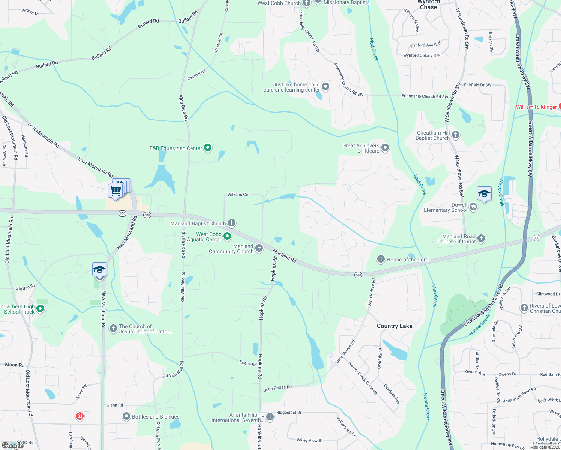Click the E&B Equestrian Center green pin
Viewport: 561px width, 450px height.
(x=207, y=148)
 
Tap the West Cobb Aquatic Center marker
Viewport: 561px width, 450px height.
(x=227, y=236)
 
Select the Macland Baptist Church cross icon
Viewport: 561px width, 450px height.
(x=232, y=223)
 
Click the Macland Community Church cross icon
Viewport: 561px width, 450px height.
(x=259, y=248)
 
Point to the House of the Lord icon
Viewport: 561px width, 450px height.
(x=381, y=259)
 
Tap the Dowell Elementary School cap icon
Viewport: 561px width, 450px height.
(x=473, y=207)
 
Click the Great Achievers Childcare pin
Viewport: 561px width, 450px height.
(x=385, y=148)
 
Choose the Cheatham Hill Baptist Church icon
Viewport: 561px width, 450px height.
(x=456, y=135)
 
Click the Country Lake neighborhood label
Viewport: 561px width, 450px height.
(x=394, y=326)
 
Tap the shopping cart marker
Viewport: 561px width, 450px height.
(x=115, y=190)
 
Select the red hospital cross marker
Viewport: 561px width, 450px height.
(x=79, y=416)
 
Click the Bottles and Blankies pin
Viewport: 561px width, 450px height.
(x=126, y=416)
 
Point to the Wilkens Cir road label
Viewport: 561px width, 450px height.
(x=238, y=195)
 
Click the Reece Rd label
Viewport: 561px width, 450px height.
(x=248, y=363)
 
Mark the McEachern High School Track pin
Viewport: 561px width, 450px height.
(x=40, y=309)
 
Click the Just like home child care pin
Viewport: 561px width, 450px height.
(x=325, y=87)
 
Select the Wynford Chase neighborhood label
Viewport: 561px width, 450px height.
(x=428, y=4)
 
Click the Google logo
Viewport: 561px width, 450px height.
(x=13, y=445)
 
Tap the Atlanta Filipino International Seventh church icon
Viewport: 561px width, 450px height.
(x=270, y=417)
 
